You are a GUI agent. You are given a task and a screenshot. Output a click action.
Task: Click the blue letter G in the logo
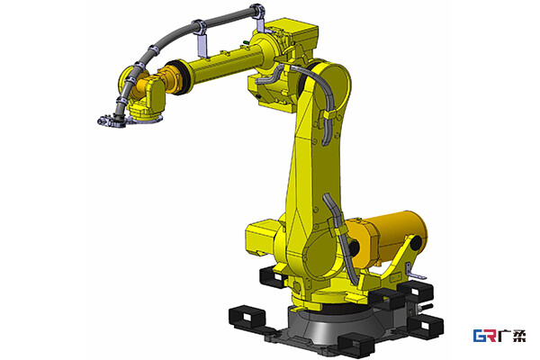pos(480,336)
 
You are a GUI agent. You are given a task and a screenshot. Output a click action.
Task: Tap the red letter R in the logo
pos(491,336)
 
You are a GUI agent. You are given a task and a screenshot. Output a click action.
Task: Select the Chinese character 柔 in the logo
pos(518,336)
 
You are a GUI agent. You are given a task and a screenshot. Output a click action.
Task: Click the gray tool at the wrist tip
pos(111,121)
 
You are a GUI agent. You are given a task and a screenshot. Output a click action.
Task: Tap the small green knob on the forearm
pos(246,42)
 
